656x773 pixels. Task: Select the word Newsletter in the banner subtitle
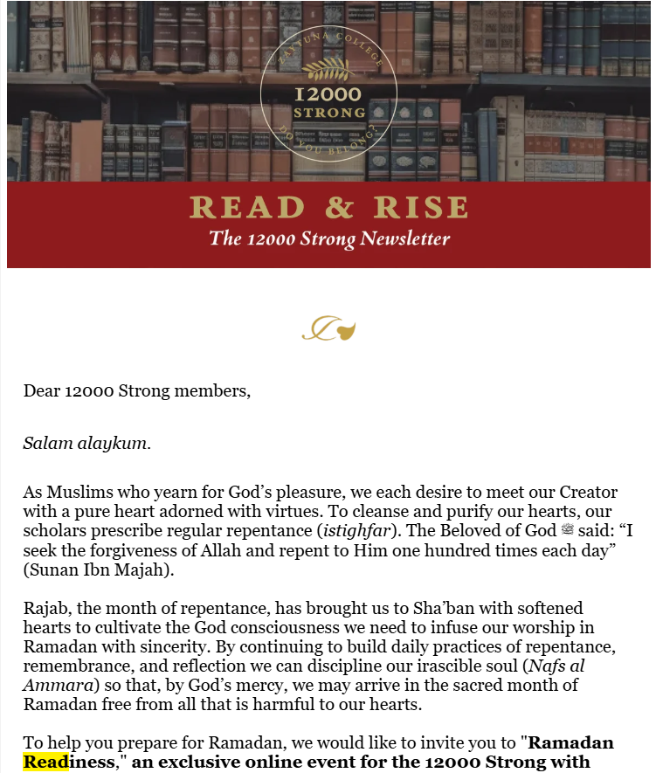[409, 238]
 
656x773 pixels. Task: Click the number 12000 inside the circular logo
[328, 95]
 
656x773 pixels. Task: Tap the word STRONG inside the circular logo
[328, 114]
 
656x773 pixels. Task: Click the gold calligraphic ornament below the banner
[328, 330]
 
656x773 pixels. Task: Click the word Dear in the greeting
[42, 391]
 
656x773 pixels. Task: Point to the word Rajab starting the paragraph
[44, 608]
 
